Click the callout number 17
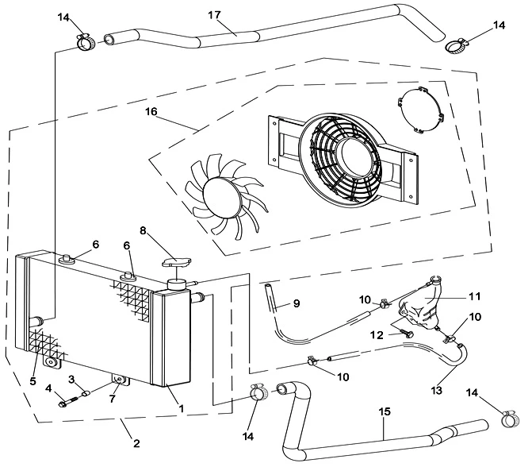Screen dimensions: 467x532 (x=213, y=15)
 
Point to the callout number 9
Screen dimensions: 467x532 (x=295, y=303)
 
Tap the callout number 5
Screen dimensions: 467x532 (x=33, y=380)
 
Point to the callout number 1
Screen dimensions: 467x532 (x=181, y=408)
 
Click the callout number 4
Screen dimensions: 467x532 (x=49, y=388)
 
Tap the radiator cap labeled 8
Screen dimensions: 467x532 (x=176, y=262)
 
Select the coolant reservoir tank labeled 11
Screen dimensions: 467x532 (x=420, y=306)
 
